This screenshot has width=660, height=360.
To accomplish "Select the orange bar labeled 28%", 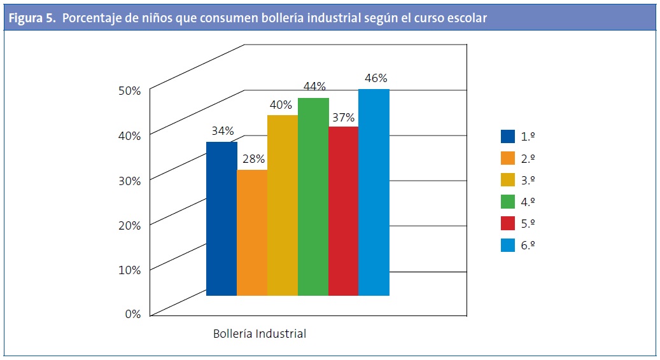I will [252, 232].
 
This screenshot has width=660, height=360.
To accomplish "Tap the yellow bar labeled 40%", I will [283, 205].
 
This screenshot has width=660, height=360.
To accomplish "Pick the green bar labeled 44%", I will [313, 197].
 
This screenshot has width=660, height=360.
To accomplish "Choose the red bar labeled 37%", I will [344, 211].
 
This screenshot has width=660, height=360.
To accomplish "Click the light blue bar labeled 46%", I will [374, 192].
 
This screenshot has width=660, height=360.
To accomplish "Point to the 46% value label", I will [376, 79].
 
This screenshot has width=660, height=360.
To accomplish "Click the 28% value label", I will [253, 159].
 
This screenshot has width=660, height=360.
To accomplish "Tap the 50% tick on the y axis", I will [129, 90].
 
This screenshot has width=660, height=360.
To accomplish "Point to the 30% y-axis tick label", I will [129, 180].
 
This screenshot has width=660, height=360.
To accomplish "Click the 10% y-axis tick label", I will [129, 269].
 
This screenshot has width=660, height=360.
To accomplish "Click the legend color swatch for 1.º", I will [507, 136].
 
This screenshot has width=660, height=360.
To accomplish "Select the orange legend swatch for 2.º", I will [507, 158].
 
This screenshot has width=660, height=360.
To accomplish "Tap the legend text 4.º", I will [528, 202].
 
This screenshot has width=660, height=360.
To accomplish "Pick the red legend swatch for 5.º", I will [507, 223].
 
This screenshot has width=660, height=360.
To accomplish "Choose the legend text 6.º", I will [528, 245].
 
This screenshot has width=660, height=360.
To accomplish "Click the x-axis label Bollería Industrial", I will [259, 333].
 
